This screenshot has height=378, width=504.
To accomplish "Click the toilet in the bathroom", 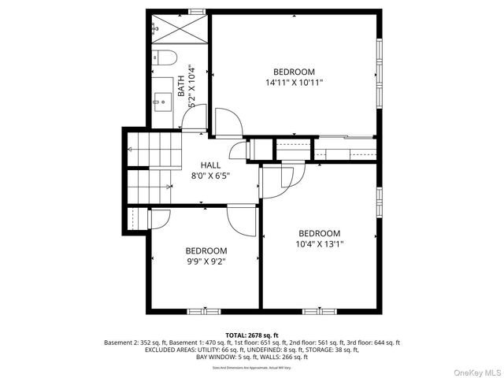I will coord(164,57).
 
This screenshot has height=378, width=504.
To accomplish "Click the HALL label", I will coord(210,165).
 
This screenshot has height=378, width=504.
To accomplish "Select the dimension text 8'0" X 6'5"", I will coord(210,176).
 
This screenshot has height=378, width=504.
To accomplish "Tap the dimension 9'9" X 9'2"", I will coord(205,261).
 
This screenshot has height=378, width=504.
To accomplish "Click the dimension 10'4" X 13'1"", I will coord(319,244).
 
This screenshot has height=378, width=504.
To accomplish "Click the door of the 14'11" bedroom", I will coord(228,124).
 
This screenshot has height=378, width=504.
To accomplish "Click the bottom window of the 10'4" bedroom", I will coord(319,310).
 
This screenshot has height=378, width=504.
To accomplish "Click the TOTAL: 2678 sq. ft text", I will coord(251,335).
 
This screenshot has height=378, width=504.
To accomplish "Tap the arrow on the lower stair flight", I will coord(169,187).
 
